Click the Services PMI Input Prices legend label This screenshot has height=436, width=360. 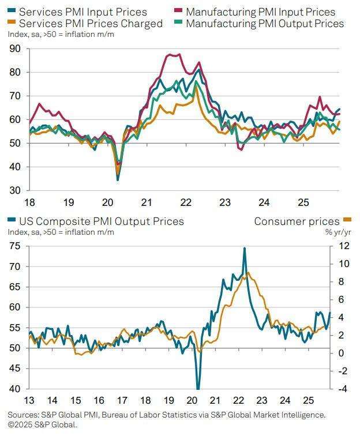83,12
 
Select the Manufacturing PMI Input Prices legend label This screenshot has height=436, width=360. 260,12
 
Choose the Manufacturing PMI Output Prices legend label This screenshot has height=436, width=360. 265,24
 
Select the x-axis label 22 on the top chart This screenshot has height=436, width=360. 186,203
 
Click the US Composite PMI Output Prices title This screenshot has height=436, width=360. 101,221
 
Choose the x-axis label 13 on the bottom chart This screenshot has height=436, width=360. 29,401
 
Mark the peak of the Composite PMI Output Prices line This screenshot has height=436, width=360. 245,248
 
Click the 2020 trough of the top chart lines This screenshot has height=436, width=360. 118,179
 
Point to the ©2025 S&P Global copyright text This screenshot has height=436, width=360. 42,424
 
